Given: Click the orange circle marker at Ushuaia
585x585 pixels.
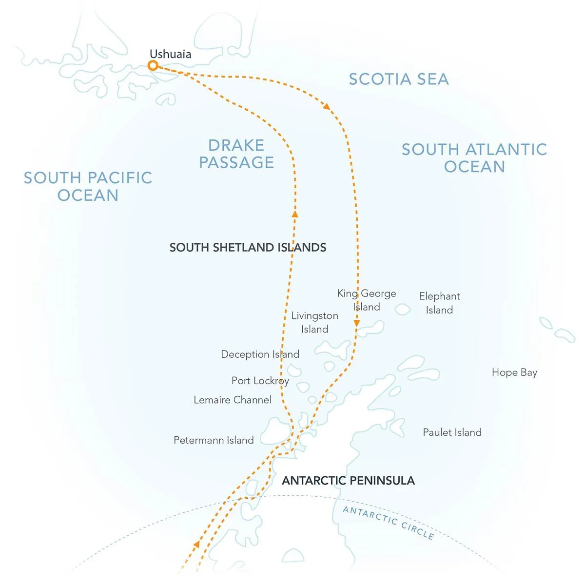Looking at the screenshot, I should point(153,65).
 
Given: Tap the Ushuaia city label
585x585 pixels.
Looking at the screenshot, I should point(170,54).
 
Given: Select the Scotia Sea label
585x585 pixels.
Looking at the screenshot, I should point(398,79).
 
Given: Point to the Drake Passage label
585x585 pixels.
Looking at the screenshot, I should point(236,154).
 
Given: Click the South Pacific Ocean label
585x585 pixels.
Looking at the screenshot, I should point(88,186).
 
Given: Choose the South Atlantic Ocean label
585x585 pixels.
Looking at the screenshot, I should point(474,157).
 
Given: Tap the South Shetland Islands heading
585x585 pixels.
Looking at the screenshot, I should point(248,247).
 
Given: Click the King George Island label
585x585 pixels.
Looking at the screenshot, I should point(367,300).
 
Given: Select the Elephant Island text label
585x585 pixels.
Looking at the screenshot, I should point(439,303).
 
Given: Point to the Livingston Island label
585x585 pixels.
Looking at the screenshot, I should point(314,322).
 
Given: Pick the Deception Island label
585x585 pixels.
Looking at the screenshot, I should point(260,354).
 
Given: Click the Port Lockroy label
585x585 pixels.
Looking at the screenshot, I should point(260,380).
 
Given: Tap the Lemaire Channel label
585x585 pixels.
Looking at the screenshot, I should point(233,400).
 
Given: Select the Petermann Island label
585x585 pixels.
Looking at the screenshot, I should point(214,440).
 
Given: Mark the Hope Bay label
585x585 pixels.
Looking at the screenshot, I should point(514,372).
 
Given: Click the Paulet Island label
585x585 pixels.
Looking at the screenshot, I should point(452,432).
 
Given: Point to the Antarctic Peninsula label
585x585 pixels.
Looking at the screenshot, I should point(348,480).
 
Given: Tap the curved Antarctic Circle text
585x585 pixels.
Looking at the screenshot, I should point(388,522).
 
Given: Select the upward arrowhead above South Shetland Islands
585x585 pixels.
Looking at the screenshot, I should point(294,213).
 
